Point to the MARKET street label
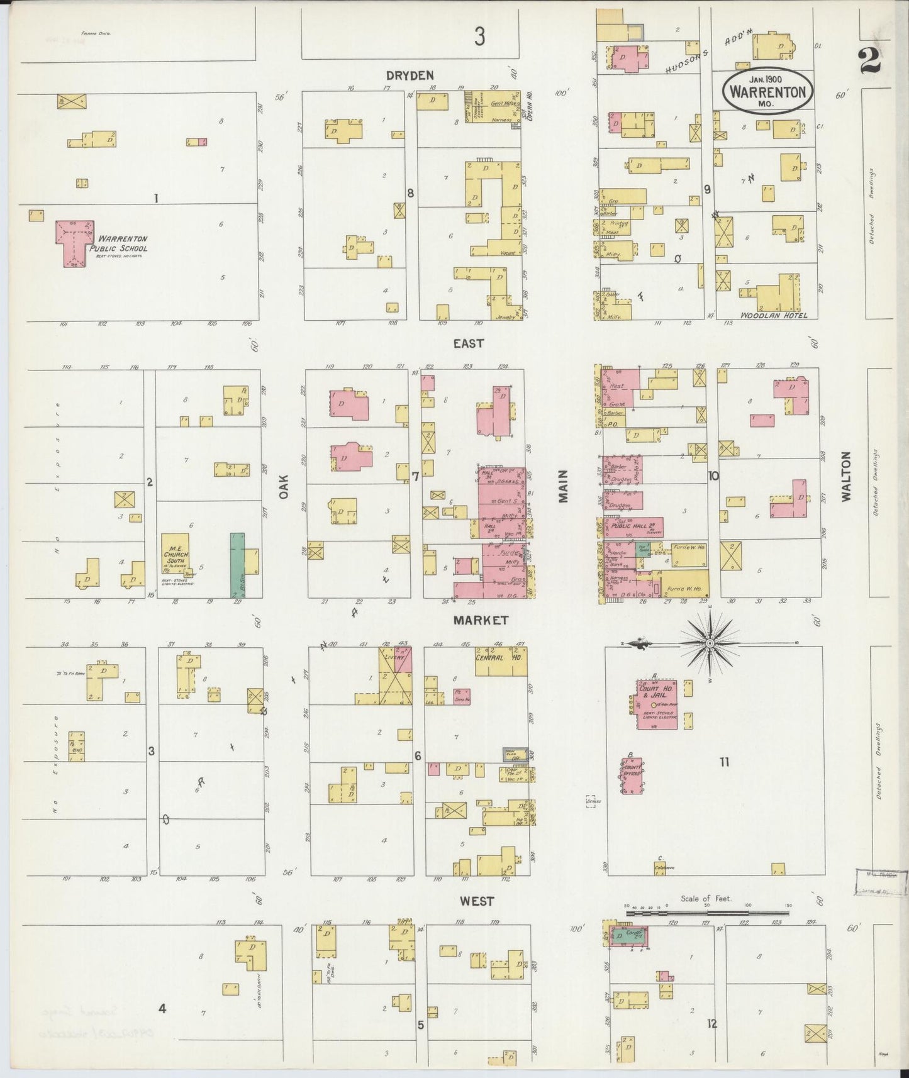481,621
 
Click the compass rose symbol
710,643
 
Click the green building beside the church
237,565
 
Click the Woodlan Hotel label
773,315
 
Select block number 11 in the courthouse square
724,762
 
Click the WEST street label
476,901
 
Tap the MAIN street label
562,486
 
